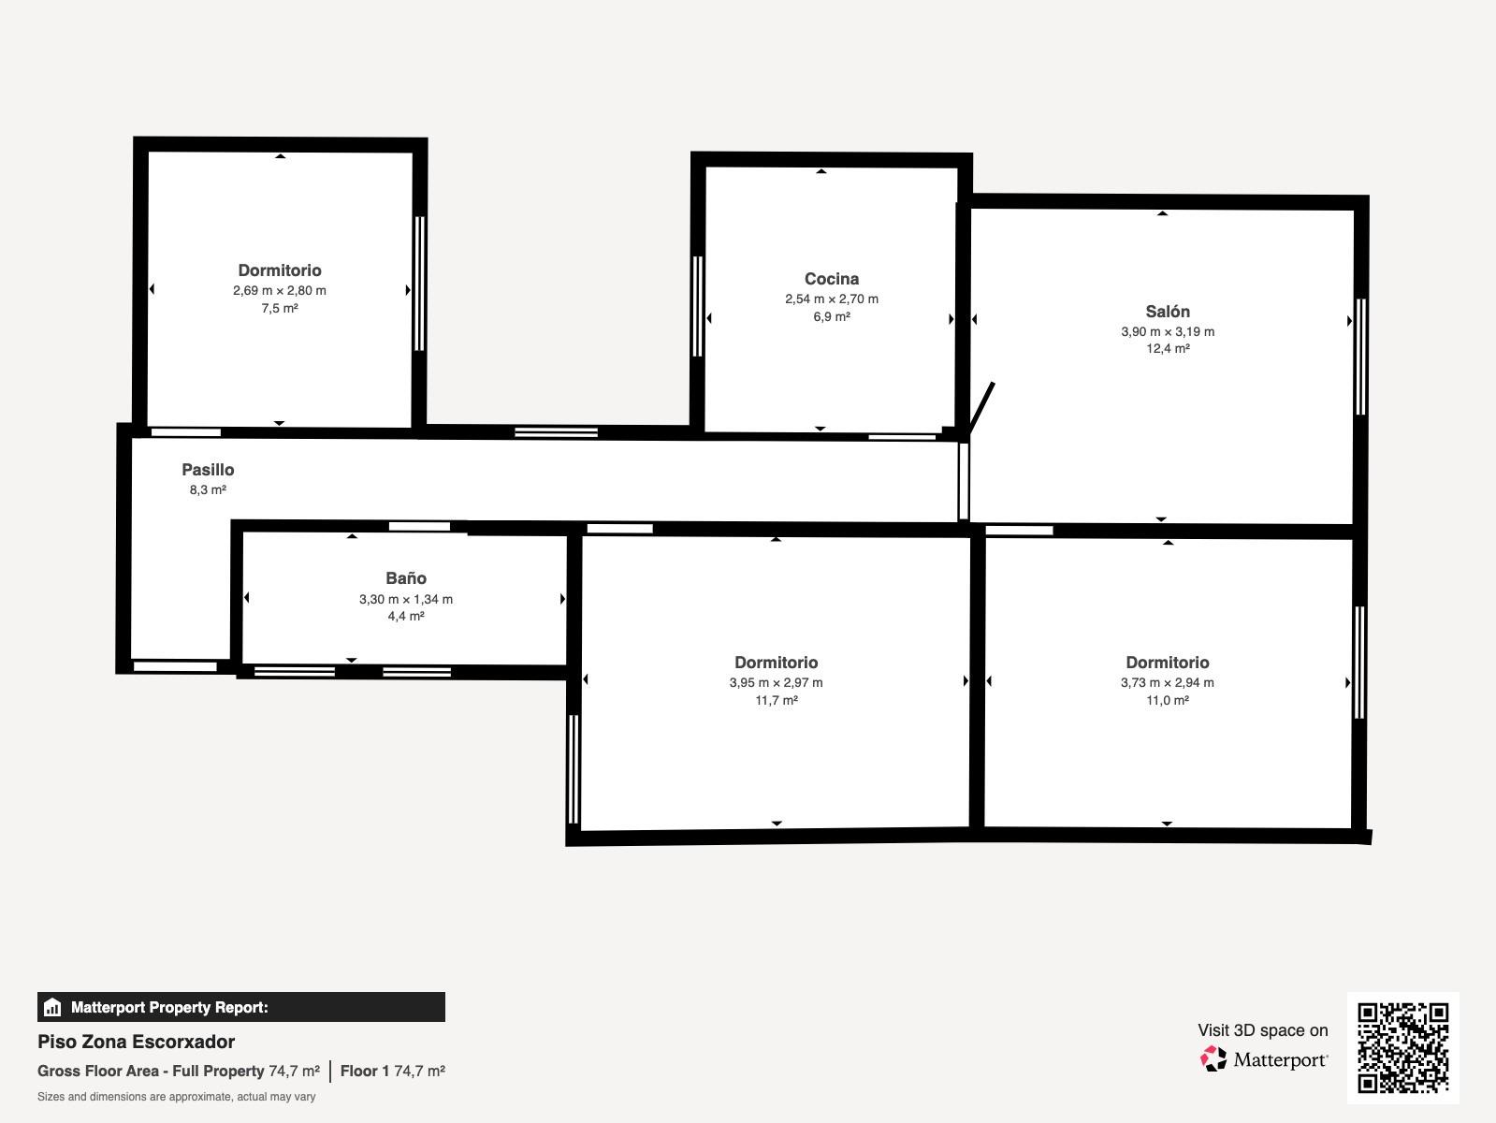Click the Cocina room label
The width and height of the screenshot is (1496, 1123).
click(x=832, y=279)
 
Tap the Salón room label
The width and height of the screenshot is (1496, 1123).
click(x=1168, y=312)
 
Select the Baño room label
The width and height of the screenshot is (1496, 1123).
click(x=406, y=577)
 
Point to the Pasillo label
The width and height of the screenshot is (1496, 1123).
click(x=208, y=470)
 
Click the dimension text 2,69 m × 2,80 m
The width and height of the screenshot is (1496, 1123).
click(x=280, y=290)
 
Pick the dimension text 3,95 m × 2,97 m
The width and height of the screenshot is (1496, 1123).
click(x=777, y=682)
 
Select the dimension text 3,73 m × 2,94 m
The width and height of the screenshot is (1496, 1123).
click(x=1168, y=682)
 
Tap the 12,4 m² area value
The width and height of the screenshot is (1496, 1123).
click(x=1168, y=348)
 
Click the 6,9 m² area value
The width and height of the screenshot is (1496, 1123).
click(x=832, y=316)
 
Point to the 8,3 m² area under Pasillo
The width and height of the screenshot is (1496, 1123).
click(x=208, y=489)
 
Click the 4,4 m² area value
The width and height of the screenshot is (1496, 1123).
click(x=406, y=616)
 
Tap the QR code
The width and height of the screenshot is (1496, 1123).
click(x=1403, y=1048)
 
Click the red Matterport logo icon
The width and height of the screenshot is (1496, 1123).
click(x=1213, y=1059)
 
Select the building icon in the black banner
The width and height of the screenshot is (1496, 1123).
click(x=52, y=1007)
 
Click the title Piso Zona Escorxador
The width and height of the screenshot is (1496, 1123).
click(x=137, y=1042)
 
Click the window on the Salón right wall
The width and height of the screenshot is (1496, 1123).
click(x=1360, y=357)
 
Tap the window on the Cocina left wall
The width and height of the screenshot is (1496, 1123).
click(x=697, y=306)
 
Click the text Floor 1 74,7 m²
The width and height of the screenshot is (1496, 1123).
click(x=393, y=1072)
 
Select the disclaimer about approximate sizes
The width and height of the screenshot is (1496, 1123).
click(x=177, y=1097)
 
